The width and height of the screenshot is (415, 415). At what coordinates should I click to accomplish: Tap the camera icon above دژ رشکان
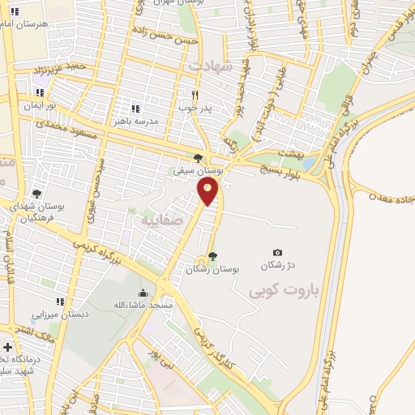pos(278,253)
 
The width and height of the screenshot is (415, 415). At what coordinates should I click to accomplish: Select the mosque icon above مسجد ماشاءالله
pos(143,293)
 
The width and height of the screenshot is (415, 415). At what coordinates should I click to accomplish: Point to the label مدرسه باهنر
pos(135,120)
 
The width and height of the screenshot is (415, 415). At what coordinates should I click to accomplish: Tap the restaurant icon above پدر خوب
pos(194,93)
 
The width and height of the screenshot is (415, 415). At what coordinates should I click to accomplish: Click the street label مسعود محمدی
pos(68,126)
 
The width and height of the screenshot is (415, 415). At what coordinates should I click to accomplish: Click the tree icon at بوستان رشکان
pos(212,256)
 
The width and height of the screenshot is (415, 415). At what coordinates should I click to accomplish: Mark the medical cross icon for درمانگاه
pos(7,348)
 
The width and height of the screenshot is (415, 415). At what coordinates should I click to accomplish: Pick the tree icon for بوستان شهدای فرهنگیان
pos(36,195)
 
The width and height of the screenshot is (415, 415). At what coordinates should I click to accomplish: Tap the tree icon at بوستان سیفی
pos(198,158)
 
